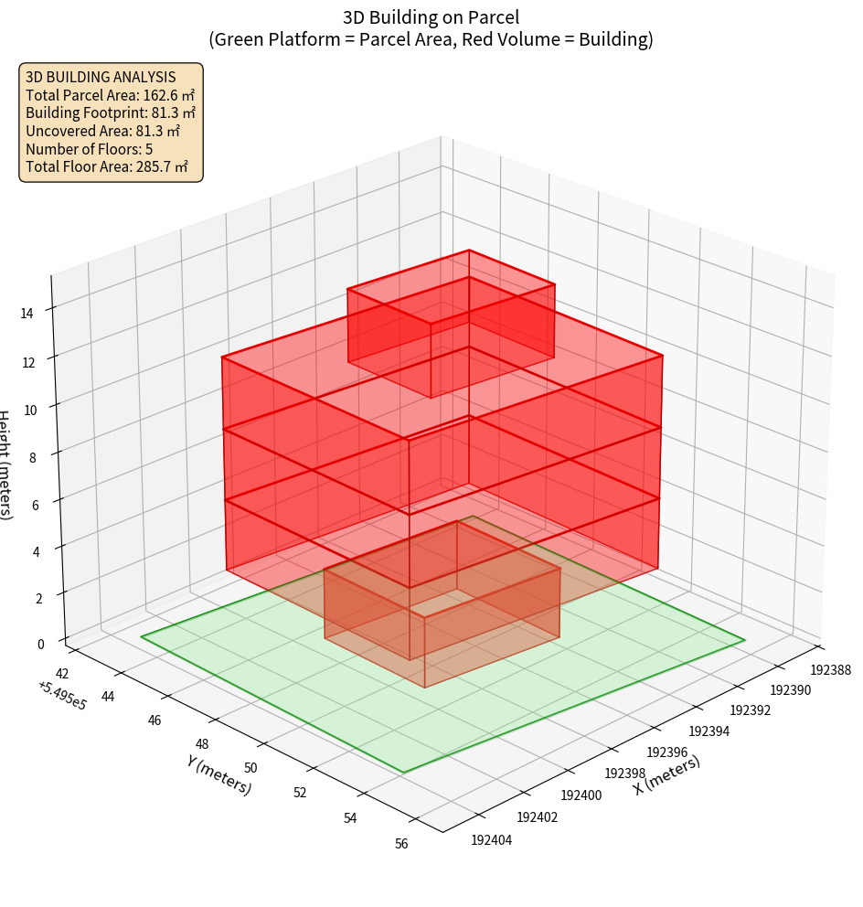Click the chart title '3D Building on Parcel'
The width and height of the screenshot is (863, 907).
coord(431,17)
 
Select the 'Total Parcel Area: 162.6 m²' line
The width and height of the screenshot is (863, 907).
coord(110,95)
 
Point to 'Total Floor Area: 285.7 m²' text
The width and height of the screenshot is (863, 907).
coord(107,167)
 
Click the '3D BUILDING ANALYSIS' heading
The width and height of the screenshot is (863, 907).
coord(100,77)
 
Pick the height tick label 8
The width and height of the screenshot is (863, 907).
coord(32,456)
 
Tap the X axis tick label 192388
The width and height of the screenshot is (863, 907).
coord(830,669)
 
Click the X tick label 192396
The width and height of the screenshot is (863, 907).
coord(666,752)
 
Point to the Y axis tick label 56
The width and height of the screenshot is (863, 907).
coord(401,844)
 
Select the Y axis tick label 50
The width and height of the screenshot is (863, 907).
coord(250,768)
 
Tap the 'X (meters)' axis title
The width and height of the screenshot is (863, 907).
coord(666,775)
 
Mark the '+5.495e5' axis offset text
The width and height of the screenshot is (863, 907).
coord(62,695)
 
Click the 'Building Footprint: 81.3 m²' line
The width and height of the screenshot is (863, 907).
coord(111,113)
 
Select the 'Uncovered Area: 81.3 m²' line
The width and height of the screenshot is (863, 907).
coord(103,131)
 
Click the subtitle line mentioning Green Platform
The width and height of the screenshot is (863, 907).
coord(431,39)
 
